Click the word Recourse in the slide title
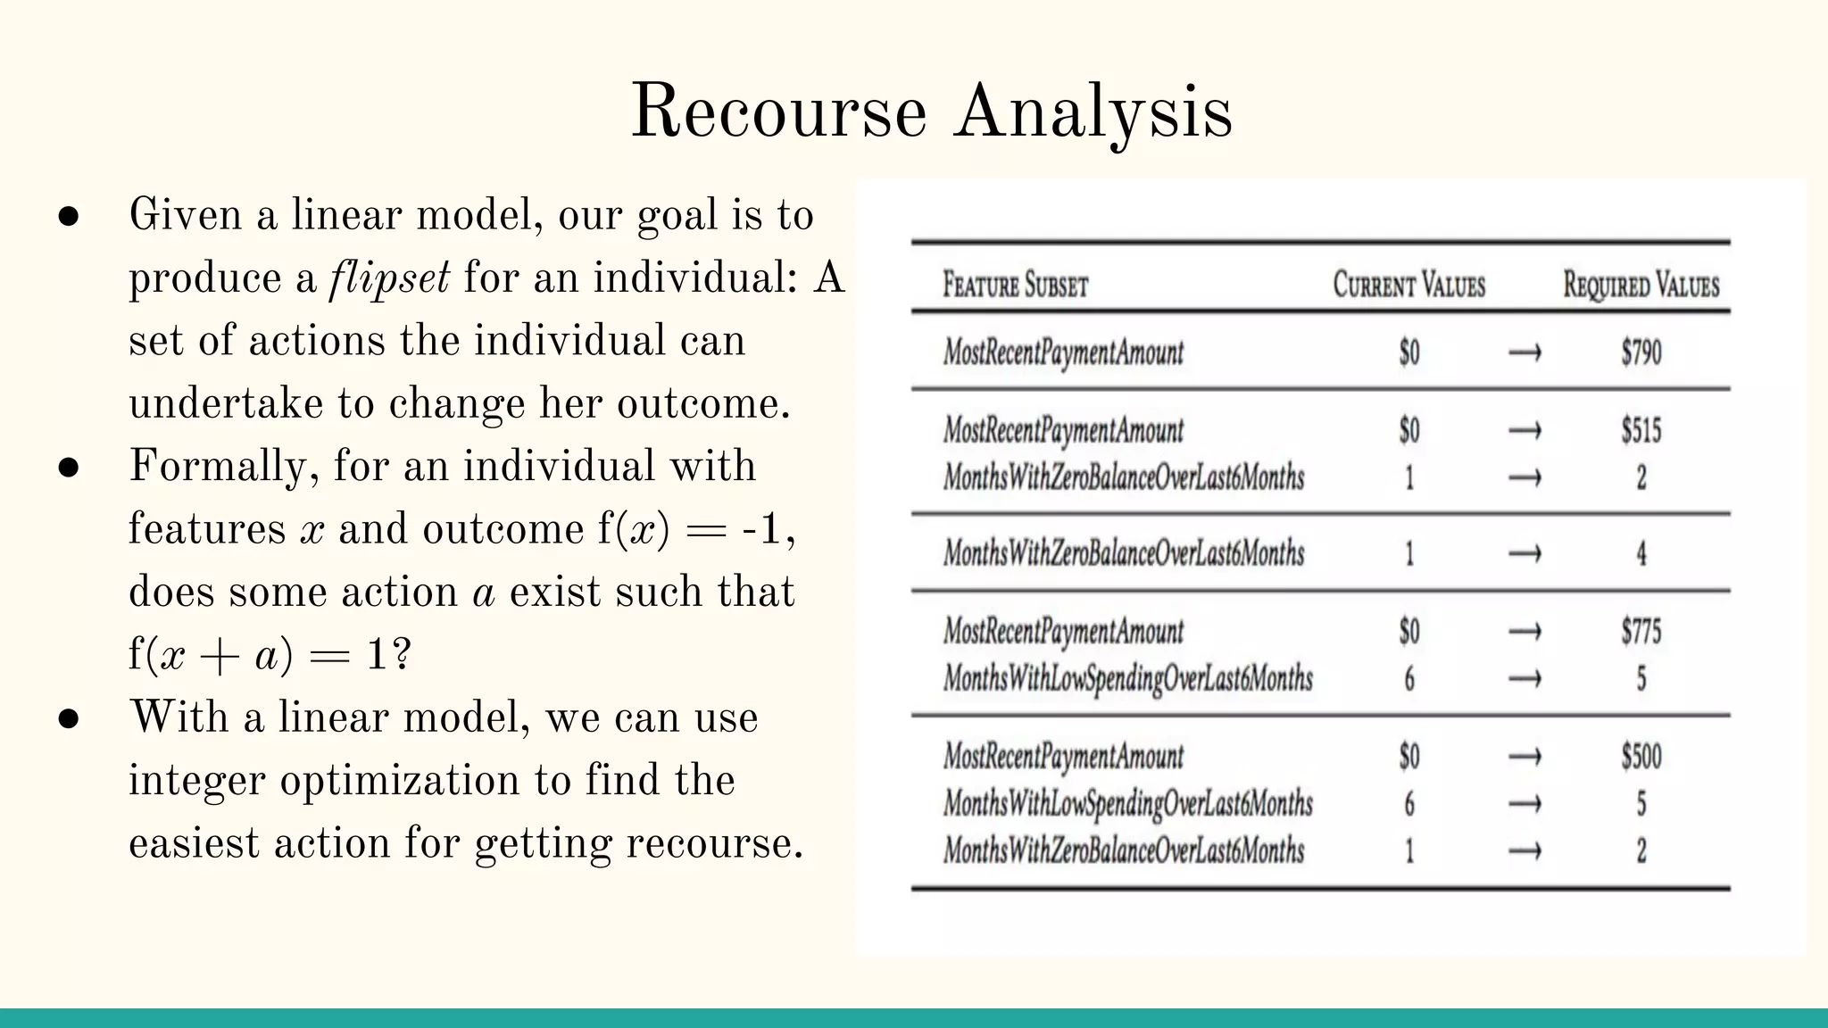[778, 112]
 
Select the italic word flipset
[389, 278]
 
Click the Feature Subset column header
[1016, 286]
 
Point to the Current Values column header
[1408, 286]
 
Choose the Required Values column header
[1641, 286]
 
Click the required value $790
[1641, 352]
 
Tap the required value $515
[1641, 430]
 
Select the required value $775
[1641, 632]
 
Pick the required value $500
[1641, 757]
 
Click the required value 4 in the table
[1641, 554]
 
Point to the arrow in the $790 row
[1525, 353]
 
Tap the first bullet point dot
[69, 217]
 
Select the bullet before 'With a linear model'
[69, 719]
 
